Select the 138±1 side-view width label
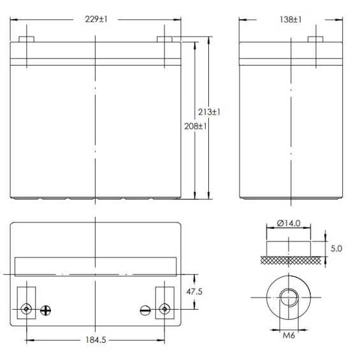click(290, 20)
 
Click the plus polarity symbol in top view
click(46, 310)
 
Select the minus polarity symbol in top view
click(145, 310)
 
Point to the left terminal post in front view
click(26, 38)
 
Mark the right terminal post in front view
click(164, 38)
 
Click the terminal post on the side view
click(315, 38)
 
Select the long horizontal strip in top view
click(95, 266)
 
